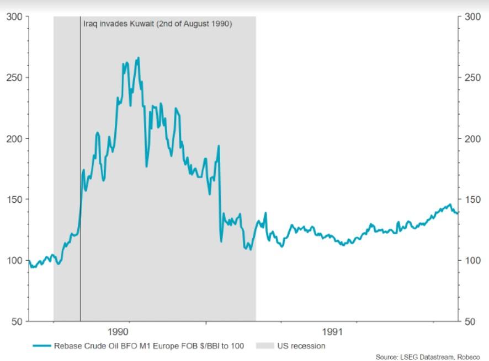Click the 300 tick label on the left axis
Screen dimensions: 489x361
pyautogui.click(x=15, y=17)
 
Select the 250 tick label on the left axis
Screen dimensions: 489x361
pyautogui.click(x=15, y=78)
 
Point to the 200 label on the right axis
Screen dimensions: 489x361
pyautogui.click(x=472, y=139)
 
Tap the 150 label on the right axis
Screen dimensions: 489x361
pyautogui.click(x=472, y=200)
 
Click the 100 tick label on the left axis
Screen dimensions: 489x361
pyautogui.click(x=15, y=260)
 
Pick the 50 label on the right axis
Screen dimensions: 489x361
pyautogui.click(x=470, y=321)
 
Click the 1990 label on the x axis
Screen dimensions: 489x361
pyautogui.click(x=118, y=332)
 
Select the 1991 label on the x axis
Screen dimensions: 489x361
pyautogui.click(x=332, y=332)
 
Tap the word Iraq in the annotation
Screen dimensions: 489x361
pyautogui.click(x=91, y=24)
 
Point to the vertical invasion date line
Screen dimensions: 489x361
pyautogui.click(x=81, y=169)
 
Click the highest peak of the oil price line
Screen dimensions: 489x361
pyautogui.click(x=139, y=58)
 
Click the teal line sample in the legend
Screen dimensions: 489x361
pyautogui.click(x=42, y=346)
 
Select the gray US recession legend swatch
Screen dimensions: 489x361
pyautogui.click(x=265, y=346)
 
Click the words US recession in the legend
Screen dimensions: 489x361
pyautogui.click(x=301, y=346)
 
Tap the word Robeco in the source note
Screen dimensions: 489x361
pyautogui.click(x=469, y=357)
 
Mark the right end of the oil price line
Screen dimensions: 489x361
pyautogui.click(x=458, y=213)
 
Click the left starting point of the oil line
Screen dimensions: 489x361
pyautogui.click(x=29, y=261)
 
